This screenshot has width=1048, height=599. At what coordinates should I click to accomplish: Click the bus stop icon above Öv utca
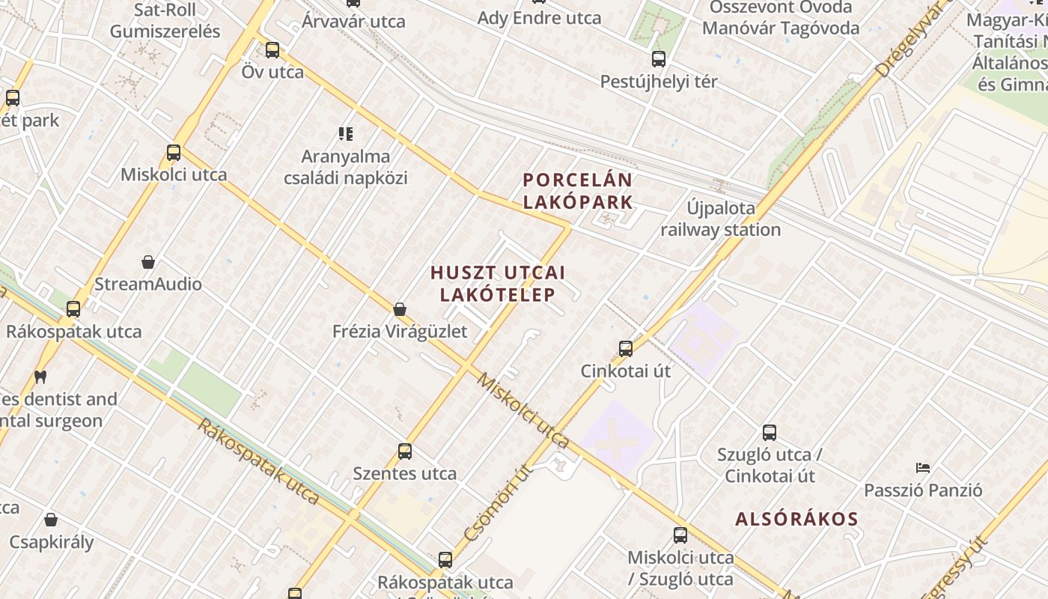(272, 50)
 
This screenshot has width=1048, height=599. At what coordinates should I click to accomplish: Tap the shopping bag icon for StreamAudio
(148, 262)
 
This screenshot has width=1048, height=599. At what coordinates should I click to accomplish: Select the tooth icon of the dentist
(40, 377)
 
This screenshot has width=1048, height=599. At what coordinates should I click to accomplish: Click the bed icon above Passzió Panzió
(923, 468)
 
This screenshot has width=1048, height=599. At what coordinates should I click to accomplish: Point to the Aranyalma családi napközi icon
(345, 134)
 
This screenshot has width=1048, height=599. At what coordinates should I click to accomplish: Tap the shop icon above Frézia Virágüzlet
(400, 309)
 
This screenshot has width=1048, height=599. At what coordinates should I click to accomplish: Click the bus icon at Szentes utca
(405, 451)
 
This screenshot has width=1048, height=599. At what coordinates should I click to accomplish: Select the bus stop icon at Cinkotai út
(626, 349)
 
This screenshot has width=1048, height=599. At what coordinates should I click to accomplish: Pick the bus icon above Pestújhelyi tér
(659, 59)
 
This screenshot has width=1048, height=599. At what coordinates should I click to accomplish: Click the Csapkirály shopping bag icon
(51, 519)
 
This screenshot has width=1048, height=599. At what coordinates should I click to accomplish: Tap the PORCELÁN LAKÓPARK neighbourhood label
(578, 191)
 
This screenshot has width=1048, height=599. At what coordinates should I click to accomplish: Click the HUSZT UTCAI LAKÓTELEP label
(498, 284)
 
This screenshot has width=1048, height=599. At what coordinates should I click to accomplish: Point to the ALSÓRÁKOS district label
(796, 519)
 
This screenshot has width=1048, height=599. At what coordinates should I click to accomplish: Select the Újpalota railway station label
(720, 219)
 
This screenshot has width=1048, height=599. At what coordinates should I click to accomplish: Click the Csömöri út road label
(496, 503)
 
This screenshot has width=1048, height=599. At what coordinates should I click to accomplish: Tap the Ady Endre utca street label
(539, 18)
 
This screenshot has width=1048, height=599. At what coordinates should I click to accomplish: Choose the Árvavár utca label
(353, 21)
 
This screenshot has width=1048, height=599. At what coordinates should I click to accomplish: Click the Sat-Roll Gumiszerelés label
(165, 20)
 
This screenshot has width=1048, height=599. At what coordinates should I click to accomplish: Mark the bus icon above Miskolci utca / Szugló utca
(680, 535)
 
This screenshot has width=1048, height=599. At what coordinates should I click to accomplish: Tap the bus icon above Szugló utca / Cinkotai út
(770, 433)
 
